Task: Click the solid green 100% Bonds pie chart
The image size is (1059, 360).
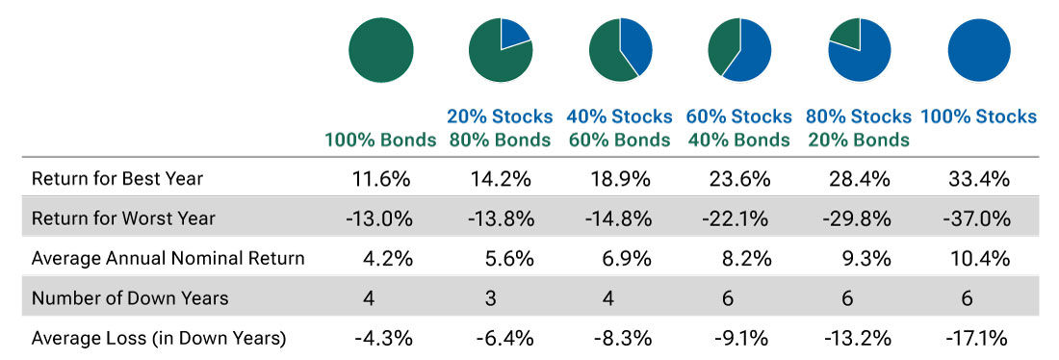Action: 381,49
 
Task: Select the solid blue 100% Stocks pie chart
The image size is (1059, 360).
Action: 979,49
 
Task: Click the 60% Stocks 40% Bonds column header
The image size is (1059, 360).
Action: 739,128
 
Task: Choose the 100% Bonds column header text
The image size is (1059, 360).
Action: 381,140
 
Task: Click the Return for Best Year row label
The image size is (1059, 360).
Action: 117,178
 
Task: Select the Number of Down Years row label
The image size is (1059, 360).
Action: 130,298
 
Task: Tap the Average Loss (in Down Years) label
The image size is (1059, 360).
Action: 159,338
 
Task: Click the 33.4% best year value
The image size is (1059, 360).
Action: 979,178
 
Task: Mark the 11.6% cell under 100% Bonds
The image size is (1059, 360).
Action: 381,178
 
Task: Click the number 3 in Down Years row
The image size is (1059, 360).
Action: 491,298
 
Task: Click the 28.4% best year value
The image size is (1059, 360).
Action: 859,178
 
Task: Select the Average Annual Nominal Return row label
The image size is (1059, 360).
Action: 168,258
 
